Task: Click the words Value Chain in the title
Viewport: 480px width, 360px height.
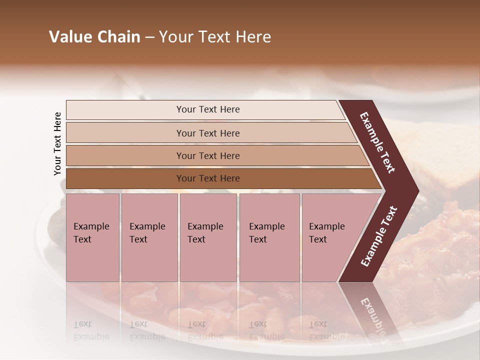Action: (x=94, y=37)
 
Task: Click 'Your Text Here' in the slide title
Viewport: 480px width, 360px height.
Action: (x=215, y=37)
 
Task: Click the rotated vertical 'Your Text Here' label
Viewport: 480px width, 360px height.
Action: (x=57, y=143)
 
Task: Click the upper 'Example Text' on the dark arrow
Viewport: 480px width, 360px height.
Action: (x=377, y=142)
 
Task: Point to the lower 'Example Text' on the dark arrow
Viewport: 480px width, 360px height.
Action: (x=379, y=236)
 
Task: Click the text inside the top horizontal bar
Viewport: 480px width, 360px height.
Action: (x=208, y=109)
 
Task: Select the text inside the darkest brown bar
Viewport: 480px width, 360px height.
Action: (x=208, y=178)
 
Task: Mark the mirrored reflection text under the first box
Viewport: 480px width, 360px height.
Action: (x=91, y=330)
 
